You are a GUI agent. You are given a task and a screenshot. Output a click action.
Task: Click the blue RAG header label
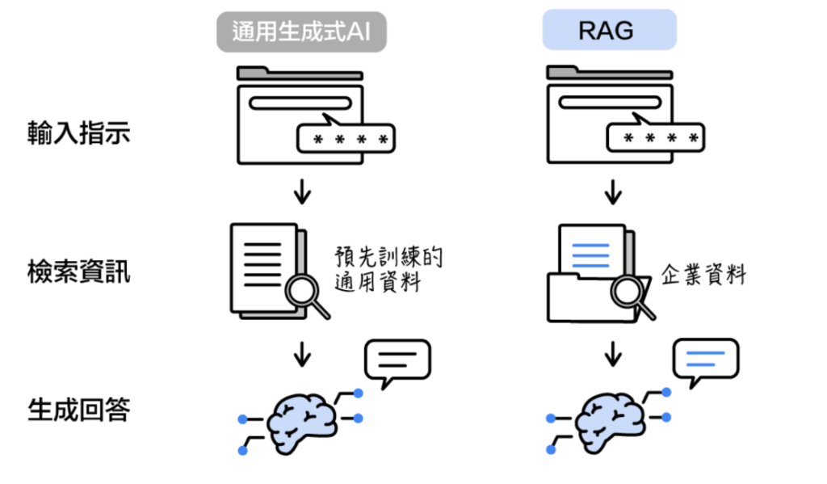tap(609, 31)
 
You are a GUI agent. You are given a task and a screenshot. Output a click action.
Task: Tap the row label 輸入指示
tap(78, 133)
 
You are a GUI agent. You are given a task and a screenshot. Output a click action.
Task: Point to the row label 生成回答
tap(78, 410)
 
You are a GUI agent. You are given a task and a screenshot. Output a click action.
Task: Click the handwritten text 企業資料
tap(703, 275)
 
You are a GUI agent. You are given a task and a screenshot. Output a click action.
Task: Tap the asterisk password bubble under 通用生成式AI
tap(345, 140)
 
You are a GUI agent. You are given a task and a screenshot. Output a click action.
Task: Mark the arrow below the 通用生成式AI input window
tap(302, 192)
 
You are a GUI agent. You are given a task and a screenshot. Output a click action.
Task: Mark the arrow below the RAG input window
tap(613, 192)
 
